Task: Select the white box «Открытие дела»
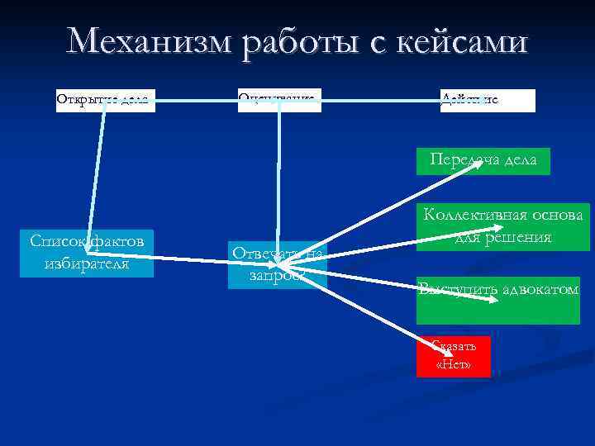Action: pyautogui.click(x=105, y=101)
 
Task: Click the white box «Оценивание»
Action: pyautogui.click(x=278, y=101)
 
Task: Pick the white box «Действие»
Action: pyautogui.click(x=488, y=101)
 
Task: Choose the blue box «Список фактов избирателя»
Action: pyautogui.click(x=87, y=253)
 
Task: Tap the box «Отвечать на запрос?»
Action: pyautogui.click(x=278, y=264)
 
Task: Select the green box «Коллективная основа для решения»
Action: pyautogui.click(x=502, y=226)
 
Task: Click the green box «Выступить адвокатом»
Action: pyautogui.click(x=498, y=300)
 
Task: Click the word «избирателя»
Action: pyautogui.click(x=87, y=264)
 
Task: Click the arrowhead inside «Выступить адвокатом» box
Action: pyautogui.click(x=493, y=301)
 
